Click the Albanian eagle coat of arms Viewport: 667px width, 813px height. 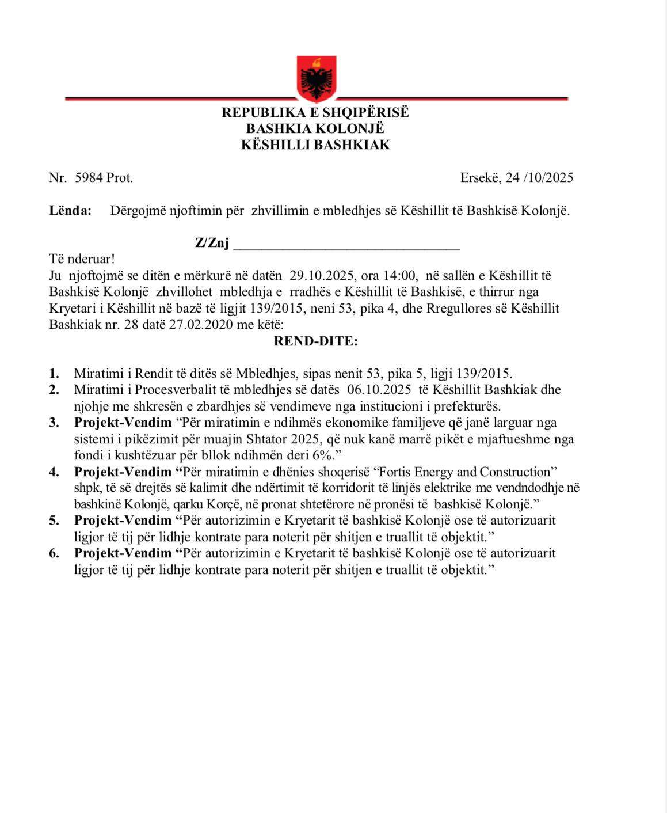[316, 78]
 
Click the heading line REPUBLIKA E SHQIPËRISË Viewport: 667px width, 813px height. [315, 112]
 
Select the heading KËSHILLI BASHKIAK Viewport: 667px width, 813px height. [315, 145]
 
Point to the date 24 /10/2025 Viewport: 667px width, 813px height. [539, 177]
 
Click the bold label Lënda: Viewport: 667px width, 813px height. [70, 210]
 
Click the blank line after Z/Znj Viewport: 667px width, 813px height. [346, 244]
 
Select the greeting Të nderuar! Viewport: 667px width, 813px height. [82, 259]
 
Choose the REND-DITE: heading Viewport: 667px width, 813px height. [315, 341]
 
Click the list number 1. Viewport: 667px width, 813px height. [54, 373]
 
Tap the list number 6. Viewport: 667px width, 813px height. [54, 553]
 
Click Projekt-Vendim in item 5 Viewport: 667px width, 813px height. [123, 520]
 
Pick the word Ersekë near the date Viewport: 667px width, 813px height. [479, 177]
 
